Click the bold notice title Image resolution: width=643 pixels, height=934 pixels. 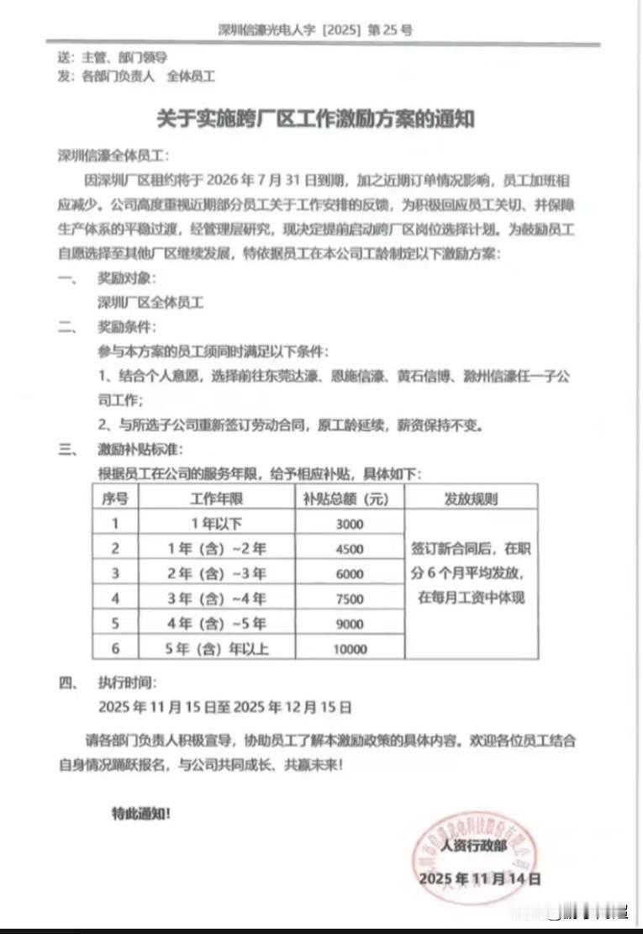coord(316,119)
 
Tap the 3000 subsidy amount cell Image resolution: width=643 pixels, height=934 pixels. coord(349,525)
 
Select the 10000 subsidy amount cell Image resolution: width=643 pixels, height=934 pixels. coord(349,649)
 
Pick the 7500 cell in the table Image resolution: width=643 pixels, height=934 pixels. coord(349,599)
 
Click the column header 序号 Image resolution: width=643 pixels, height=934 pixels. coord(115,499)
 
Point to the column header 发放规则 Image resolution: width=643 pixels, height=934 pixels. coord(471,499)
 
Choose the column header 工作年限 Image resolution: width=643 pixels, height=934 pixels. coord(216,499)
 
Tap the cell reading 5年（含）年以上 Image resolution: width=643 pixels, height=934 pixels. coord(216,649)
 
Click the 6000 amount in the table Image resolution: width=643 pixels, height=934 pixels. coord(349,574)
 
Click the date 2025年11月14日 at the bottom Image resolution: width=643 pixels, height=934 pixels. coord(480,879)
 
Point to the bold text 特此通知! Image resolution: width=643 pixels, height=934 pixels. coord(145,814)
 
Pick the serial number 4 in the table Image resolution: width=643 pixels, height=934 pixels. coord(115,599)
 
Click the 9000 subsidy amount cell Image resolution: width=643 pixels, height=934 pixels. coord(349,625)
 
